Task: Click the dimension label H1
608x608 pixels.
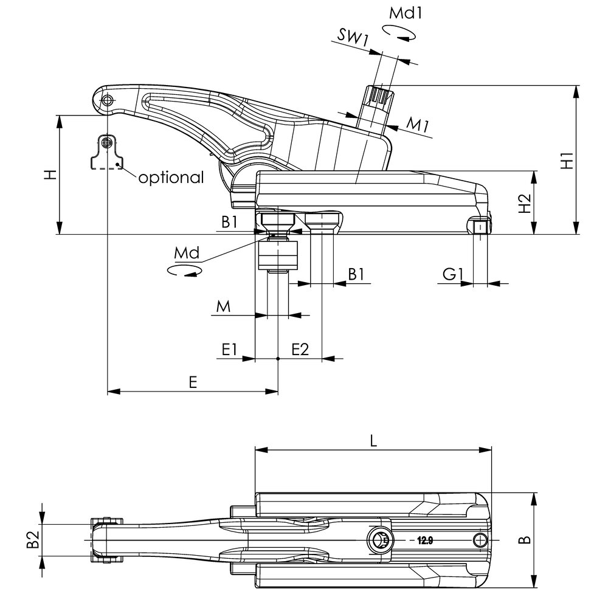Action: click(x=568, y=161)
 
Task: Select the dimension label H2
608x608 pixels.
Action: click(x=525, y=203)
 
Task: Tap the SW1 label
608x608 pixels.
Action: click(x=353, y=38)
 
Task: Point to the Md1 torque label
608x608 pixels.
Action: click(x=406, y=13)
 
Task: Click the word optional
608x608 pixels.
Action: click(x=171, y=178)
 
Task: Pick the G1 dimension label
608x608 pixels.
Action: click(x=453, y=275)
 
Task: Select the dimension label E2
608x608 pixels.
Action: click(x=300, y=350)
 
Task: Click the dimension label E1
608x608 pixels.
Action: click(x=229, y=350)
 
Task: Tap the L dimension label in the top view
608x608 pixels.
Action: click(x=373, y=440)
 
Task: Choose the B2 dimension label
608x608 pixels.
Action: click(x=33, y=539)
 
